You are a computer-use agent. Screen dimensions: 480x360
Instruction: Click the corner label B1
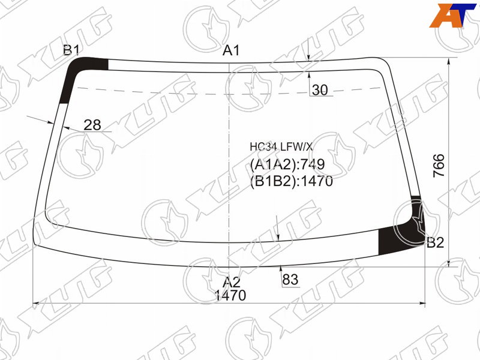pyautogui.click(x=71, y=50)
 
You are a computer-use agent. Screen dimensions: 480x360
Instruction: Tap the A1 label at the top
pyautogui.click(x=231, y=50)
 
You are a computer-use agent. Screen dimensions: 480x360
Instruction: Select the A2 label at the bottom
pyautogui.click(x=231, y=282)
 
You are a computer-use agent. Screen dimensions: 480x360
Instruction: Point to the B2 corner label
pyautogui.click(x=435, y=243)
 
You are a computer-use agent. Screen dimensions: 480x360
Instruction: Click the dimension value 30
pyautogui.click(x=320, y=89)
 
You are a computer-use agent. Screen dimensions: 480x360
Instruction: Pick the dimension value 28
pyautogui.click(x=92, y=125)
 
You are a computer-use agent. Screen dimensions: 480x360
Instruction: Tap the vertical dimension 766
pyautogui.click(x=439, y=166)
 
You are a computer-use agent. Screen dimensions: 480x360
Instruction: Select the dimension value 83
pyautogui.click(x=290, y=280)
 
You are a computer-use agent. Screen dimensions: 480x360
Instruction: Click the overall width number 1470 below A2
pyautogui.click(x=230, y=296)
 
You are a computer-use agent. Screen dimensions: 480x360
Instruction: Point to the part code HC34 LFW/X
pyautogui.click(x=281, y=147)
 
